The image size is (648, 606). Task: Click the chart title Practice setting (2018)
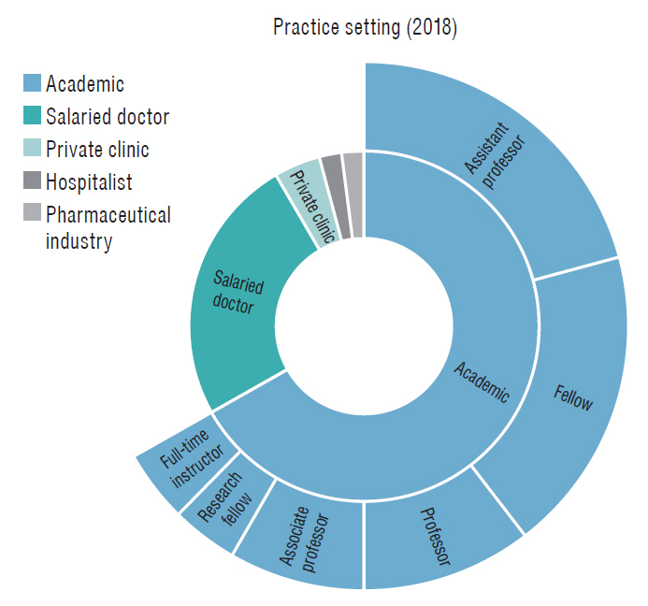(x=365, y=27)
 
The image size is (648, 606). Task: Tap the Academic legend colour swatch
(x=32, y=85)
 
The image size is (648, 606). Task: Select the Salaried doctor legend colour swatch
(x=32, y=117)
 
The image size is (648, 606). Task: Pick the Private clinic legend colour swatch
(x=32, y=150)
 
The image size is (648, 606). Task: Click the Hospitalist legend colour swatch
(x=32, y=181)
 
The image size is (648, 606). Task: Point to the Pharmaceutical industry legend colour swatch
(x=32, y=214)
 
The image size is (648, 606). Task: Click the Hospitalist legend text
(x=89, y=181)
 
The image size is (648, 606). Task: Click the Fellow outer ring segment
(x=570, y=393)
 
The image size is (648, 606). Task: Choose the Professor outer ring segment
(x=435, y=538)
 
